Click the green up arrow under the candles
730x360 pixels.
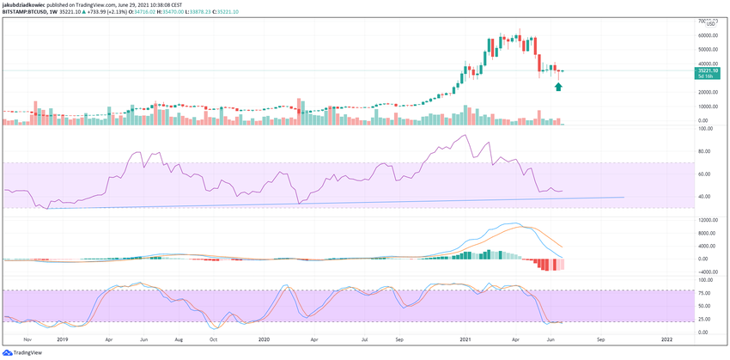tap(558, 87)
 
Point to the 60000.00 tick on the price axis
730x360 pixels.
tap(707, 35)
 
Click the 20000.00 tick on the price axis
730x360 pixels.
tap(707, 92)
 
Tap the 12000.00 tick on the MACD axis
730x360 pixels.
tap(707, 219)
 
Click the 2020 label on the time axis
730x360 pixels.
tap(265, 340)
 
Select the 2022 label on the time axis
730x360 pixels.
tap(667, 340)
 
